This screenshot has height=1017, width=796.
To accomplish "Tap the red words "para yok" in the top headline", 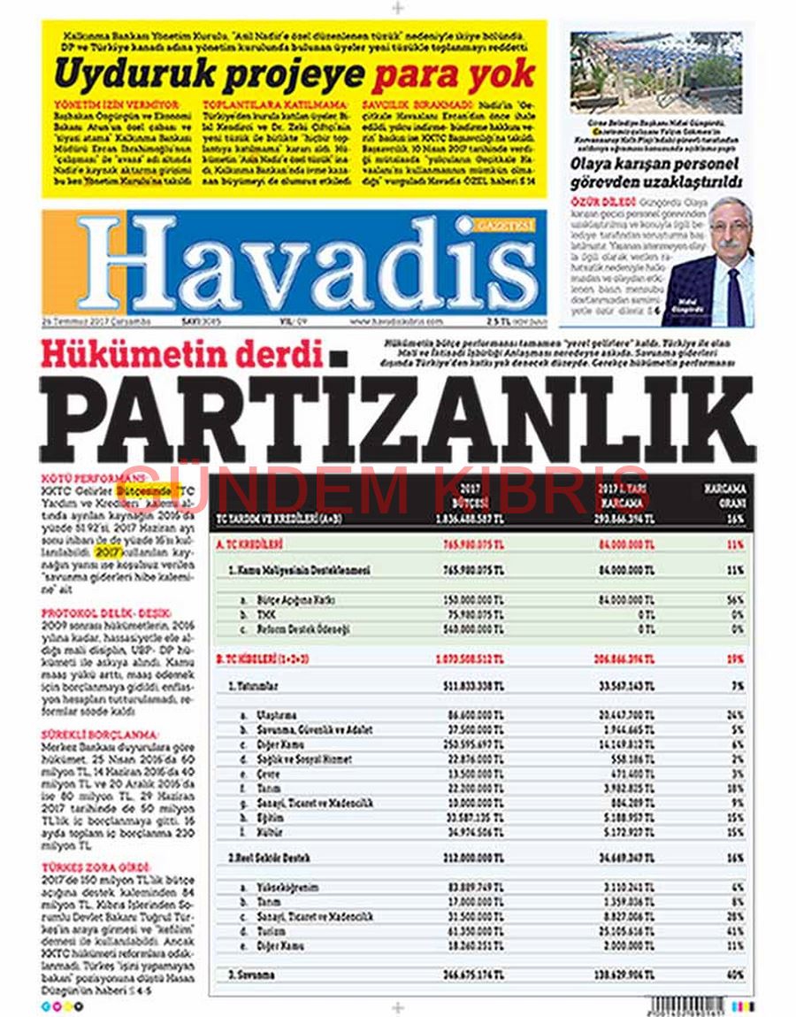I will [x=453, y=74].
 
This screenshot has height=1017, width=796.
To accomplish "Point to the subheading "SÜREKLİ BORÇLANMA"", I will [x=100, y=735].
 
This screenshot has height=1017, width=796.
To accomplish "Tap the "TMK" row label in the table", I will [x=260, y=613].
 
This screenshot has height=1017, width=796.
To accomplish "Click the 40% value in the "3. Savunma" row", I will [x=735, y=975].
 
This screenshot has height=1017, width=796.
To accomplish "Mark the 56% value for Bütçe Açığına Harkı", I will [x=735, y=599].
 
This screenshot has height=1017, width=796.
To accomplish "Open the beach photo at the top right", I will [x=655, y=73].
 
